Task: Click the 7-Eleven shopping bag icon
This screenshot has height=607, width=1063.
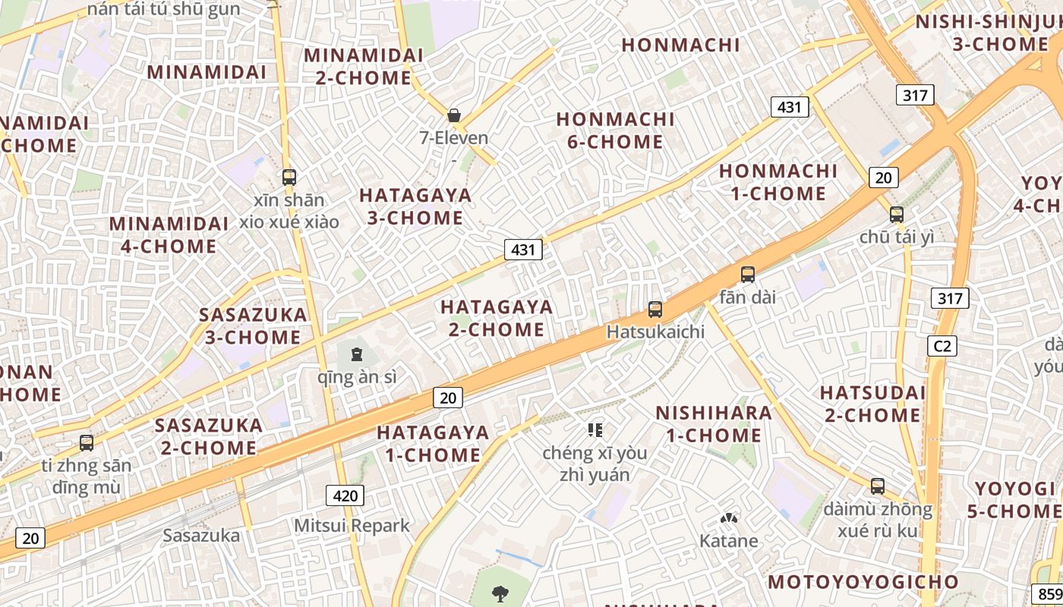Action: coord(454,115)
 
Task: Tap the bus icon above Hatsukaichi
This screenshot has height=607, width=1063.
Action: coord(655,310)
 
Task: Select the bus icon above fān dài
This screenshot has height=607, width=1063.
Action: coord(748,275)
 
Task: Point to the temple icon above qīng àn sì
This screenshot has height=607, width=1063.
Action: coord(356,354)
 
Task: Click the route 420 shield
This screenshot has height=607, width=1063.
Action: coord(345,496)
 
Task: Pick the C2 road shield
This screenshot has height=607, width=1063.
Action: coord(942,346)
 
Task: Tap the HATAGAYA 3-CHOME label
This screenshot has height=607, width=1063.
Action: coord(415,206)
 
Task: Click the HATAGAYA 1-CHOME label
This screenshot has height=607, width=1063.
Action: coord(433,444)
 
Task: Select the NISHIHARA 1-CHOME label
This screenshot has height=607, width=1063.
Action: coord(714,424)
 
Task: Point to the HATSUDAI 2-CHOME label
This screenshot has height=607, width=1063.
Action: coord(872,404)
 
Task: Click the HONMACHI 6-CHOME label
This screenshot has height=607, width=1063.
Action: coord(615,131)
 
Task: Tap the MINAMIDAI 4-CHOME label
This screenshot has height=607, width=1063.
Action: coord(169,235)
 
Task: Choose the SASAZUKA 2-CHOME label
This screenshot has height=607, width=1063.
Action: coord(209,436)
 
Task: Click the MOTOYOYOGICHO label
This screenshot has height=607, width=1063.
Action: coord(863,582)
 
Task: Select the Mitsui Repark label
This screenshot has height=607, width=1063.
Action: coord(352,525)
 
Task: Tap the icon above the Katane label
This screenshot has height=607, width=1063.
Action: coord(729,519)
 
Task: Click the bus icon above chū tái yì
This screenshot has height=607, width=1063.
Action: coord(897,215)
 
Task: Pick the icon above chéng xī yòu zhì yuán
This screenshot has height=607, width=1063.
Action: coord(595,431)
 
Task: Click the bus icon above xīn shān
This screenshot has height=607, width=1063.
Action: coord(289,178)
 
